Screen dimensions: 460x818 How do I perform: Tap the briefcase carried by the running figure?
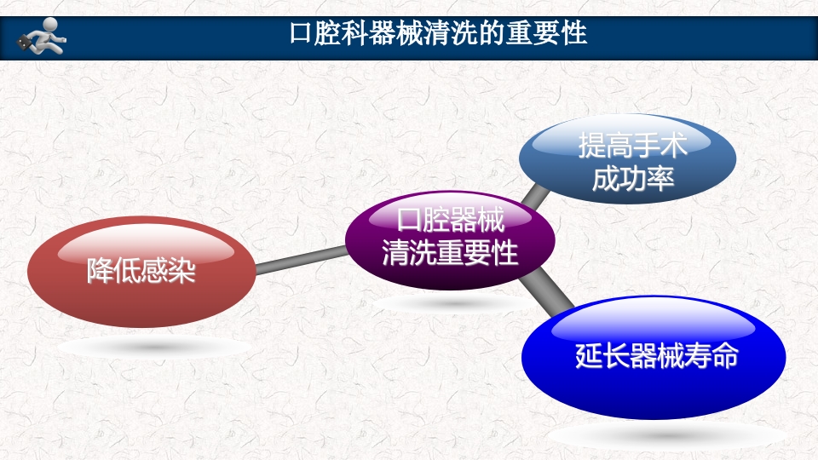tap(27, 42)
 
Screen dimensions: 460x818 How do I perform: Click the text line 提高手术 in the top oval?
tap(632, 146)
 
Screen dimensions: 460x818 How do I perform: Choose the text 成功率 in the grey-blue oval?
tap(632, 179)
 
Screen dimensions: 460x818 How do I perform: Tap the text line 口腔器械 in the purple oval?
tap(450, 221)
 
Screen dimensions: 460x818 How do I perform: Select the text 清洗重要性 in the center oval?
tap(450, 253)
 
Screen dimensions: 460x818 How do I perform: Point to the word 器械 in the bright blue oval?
tap(653, 355)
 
